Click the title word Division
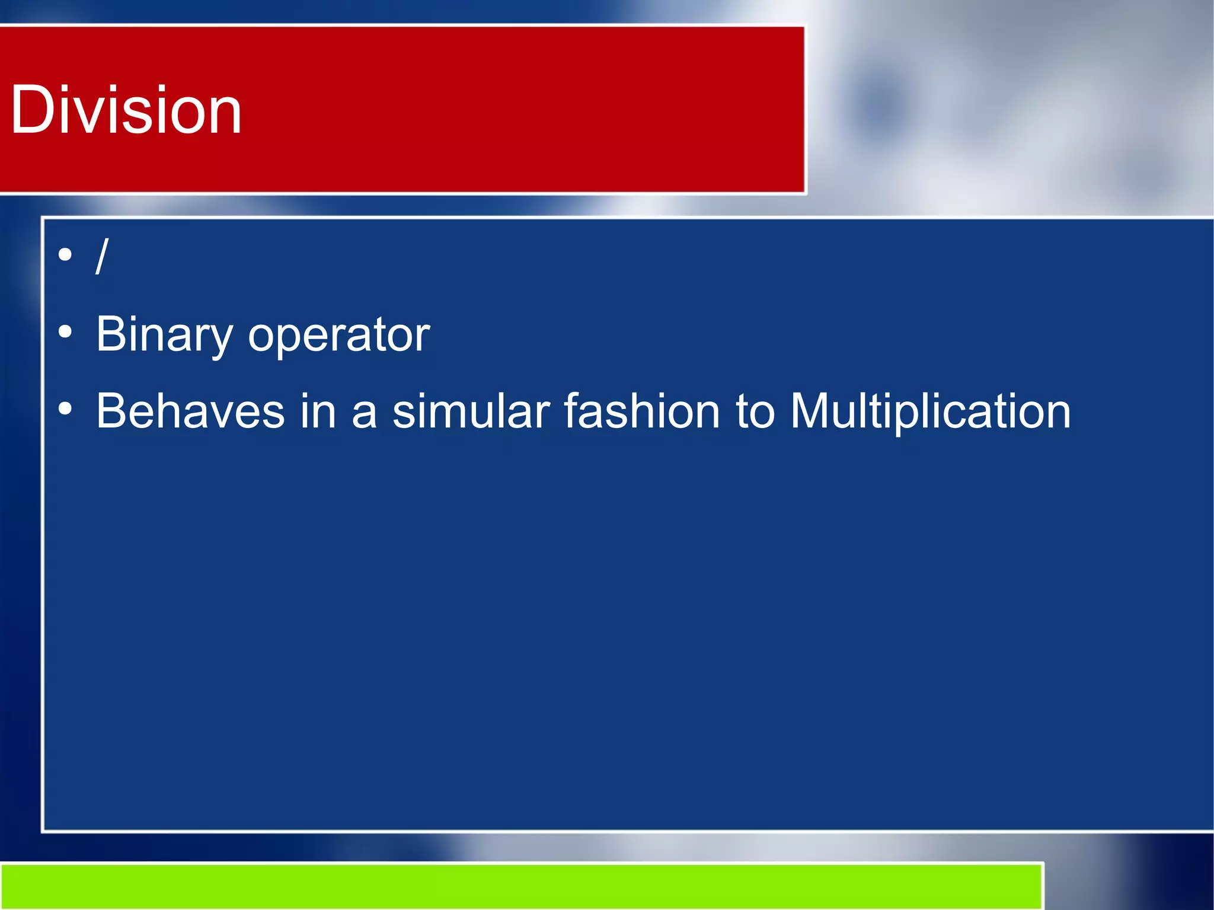126,110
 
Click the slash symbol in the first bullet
102,256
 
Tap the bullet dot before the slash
65,256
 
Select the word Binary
164,335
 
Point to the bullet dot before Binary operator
65,333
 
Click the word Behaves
190,411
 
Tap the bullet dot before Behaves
65,409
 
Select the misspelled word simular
471,411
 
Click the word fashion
641,411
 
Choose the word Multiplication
930,412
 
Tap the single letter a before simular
364,413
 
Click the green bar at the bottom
522,886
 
